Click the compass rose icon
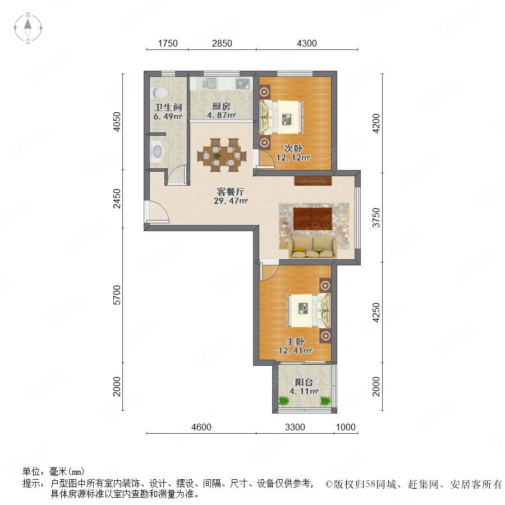28,28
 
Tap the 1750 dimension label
167,43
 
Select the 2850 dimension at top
222,43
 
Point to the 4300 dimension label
306,43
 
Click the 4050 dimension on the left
117,121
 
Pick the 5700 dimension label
117,295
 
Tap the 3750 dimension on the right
376,218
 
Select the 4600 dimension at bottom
201,427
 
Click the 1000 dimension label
346,427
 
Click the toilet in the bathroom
159,93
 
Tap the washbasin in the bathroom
157,151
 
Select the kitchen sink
209,84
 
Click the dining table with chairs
222,155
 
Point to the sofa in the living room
313,247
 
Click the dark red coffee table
313,219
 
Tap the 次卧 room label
293,149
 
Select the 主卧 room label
295,341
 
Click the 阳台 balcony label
304,382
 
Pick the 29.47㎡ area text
231,201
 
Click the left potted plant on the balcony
284,401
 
